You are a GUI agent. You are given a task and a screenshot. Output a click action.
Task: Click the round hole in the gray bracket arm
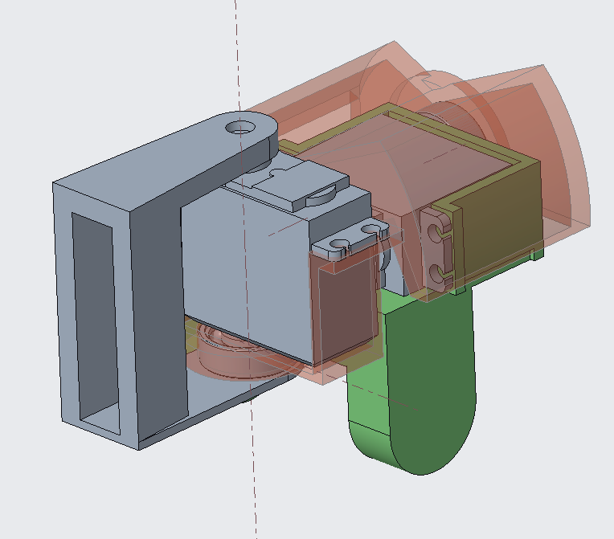(239, 128)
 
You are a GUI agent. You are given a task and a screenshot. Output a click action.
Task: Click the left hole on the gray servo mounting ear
(336, 243)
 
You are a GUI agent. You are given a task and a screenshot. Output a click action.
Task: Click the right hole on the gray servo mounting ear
(370, 231)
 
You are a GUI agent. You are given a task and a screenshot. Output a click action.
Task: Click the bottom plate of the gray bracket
(201, 402)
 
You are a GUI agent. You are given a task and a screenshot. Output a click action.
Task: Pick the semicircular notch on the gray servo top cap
(322, 191)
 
